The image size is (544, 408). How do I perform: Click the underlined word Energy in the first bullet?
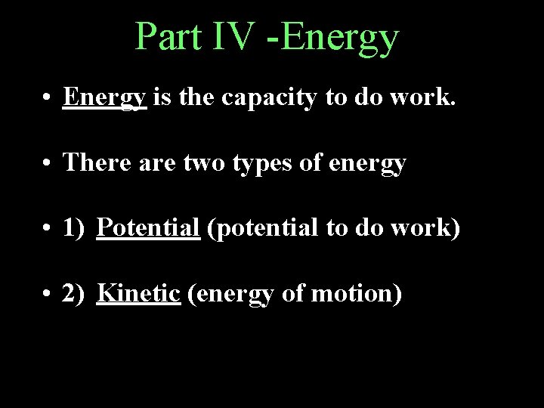105,97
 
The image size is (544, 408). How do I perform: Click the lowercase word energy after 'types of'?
369,163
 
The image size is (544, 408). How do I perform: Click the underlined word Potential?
148,227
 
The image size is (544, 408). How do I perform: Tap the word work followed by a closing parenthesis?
427,227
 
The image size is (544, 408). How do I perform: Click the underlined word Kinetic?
139,292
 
